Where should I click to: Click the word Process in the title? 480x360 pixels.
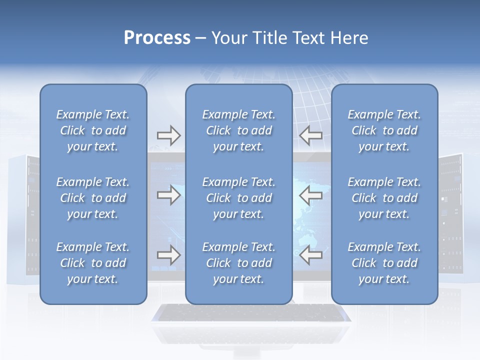click(157, 38)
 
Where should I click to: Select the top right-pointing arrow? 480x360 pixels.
click(168, 135)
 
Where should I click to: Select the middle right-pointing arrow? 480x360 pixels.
click(168, 195)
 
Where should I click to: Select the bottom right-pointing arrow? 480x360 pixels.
click(168, 255)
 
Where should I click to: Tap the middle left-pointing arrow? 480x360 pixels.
click(311, 195)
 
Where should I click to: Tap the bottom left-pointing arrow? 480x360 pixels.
click(311, 255)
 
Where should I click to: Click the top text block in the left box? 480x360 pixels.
click(93, 130)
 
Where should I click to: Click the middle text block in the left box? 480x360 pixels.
click(93, 198)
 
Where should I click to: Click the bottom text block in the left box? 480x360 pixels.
click(93, 263)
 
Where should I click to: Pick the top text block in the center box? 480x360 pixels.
click(238, 130)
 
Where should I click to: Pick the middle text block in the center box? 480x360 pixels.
click(238, 198)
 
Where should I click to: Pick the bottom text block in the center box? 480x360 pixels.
click(238, 263)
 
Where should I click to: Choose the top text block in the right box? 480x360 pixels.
click(384, 130)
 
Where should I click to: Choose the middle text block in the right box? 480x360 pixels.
click(384, 198)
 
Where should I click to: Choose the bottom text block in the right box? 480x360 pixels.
click(384, 263)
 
